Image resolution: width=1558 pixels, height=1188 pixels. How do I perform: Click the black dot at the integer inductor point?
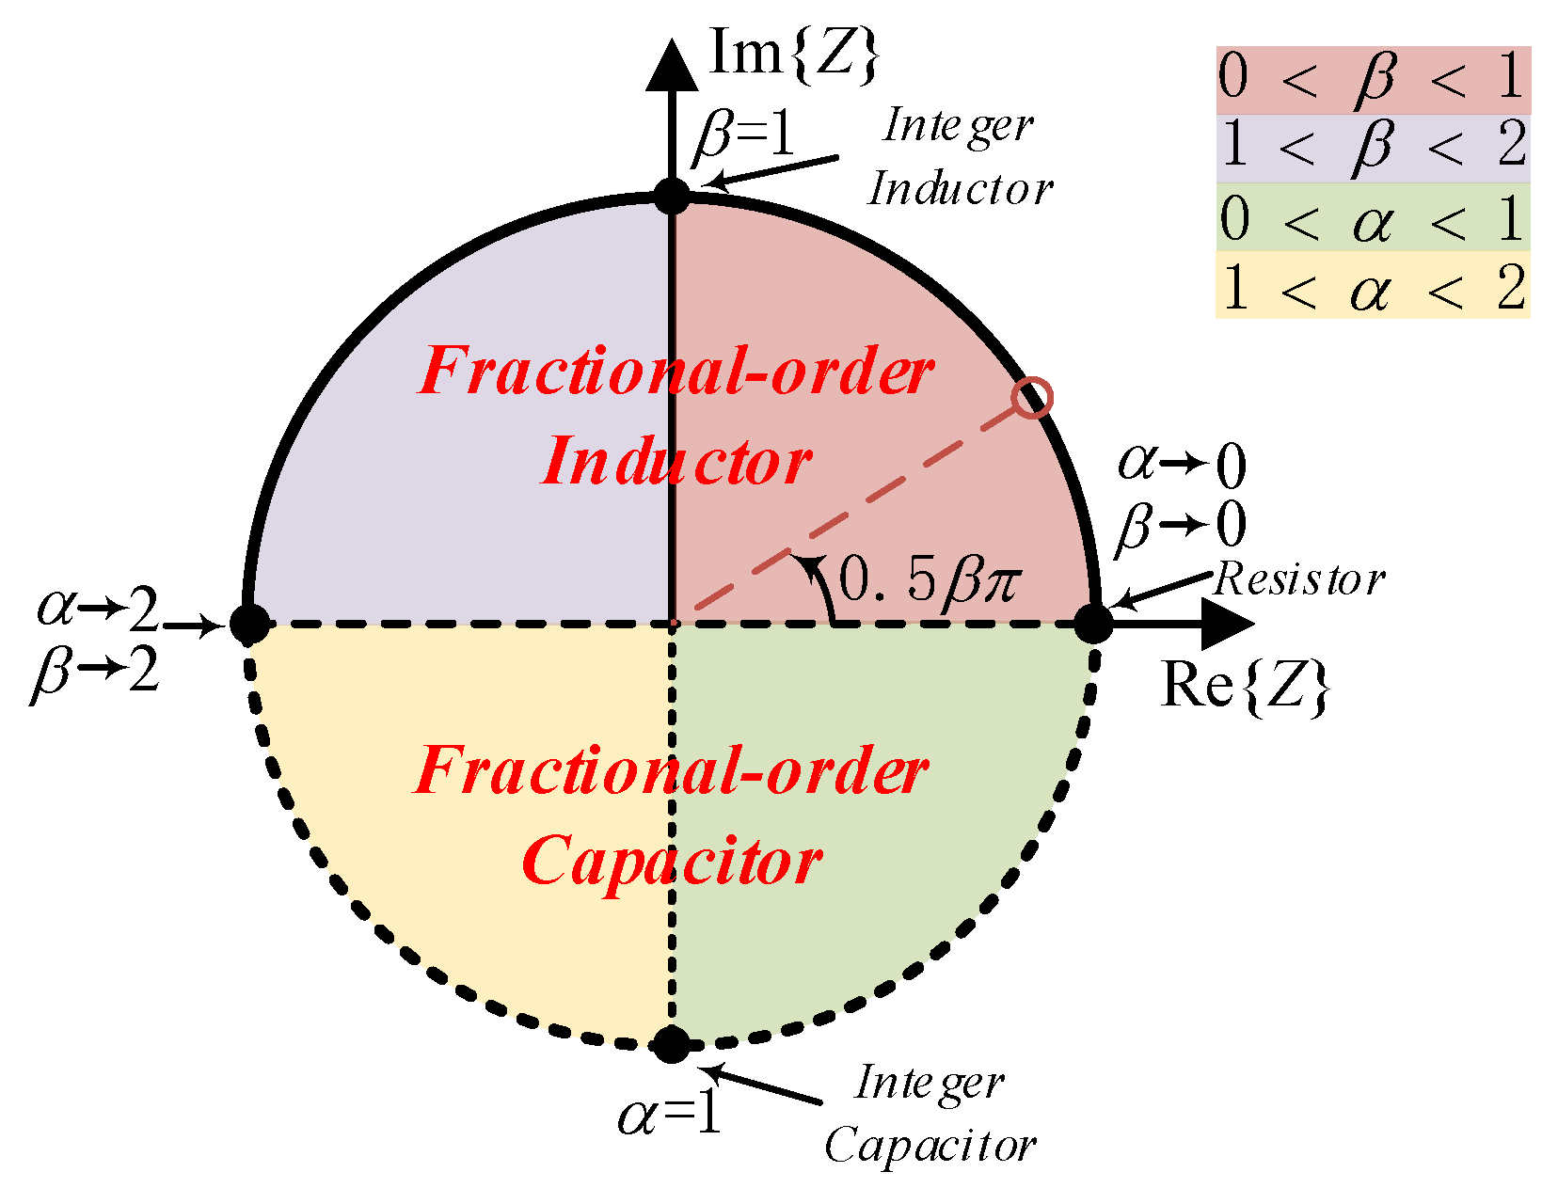[x=672, y=198]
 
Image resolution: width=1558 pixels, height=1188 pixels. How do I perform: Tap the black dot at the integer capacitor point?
[x=672, y=1044]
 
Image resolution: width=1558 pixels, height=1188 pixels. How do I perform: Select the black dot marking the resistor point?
[x=1093, y=623]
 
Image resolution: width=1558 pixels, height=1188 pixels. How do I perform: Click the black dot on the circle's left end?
[x=250, y=623]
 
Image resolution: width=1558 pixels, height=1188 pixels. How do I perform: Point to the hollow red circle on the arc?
[x=1032, y=397]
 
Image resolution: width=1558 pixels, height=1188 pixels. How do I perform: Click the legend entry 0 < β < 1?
[x=1373, y=79]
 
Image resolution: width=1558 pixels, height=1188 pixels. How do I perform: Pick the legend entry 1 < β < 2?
[x=1373, y=149]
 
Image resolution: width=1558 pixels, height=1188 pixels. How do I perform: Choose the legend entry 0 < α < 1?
[x=1373, y=218]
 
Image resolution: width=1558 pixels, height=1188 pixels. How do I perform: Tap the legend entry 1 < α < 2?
[x=1373, y=286]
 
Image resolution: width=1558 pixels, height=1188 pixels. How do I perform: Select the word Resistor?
[x=1299, y=579]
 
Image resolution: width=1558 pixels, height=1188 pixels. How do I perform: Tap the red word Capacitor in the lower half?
[x=672, y=861]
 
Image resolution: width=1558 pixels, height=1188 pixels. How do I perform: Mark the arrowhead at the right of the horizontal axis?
[x=1227, y=623]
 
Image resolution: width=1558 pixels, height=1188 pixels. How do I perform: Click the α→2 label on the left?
[x=98, y=610]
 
